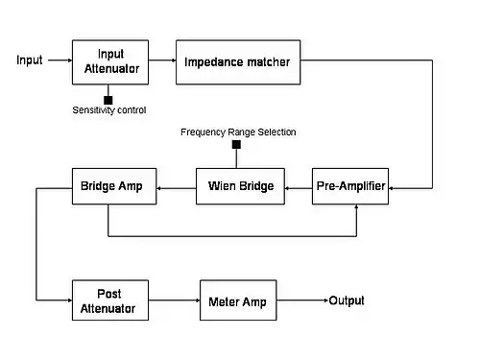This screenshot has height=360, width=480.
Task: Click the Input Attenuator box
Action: pos(110,62)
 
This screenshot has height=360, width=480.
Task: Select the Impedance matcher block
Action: pos(238,62)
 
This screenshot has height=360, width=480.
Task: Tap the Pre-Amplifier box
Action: pos(350,186)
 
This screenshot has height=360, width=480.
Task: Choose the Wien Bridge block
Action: pos(240,186)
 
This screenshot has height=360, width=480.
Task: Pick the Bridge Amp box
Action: pos(114,186)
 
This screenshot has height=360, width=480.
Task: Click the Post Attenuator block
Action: pos(110,300)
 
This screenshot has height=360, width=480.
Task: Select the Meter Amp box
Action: pos(238,300)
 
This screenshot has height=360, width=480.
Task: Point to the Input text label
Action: pos(30,60)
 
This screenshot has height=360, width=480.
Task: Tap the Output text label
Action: pos(347,300)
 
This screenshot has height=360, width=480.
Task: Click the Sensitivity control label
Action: pos(109,110)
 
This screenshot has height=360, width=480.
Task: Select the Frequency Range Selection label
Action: pos(238,132)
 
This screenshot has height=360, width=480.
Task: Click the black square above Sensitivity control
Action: pos(108,100)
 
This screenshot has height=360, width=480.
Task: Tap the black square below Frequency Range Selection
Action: pos(236,145)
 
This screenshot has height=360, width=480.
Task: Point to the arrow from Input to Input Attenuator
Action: pos(60,60)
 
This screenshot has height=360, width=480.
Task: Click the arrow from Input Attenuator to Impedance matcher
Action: pos(162,60)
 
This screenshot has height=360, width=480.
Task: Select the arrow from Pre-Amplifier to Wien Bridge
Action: pos(299,188)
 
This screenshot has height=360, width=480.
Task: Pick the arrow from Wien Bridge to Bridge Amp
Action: pos(177,188)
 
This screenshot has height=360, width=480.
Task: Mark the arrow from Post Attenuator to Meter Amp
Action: pos(175,300)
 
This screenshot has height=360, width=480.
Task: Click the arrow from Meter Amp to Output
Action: pos(302,300)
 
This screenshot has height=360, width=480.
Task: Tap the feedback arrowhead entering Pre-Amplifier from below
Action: pos(356,206)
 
